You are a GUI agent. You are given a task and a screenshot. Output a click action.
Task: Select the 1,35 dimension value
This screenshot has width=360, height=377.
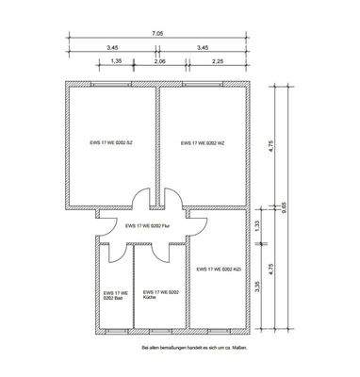pos(117,60)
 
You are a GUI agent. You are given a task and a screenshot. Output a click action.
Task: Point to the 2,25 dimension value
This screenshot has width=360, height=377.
pos(218,60)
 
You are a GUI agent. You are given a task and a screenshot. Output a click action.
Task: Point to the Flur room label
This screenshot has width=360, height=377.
pos(149,226)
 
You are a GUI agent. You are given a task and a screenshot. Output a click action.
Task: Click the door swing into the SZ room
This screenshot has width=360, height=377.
pos(140,200)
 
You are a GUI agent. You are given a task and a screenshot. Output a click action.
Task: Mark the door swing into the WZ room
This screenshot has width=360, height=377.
pos(174,200)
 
